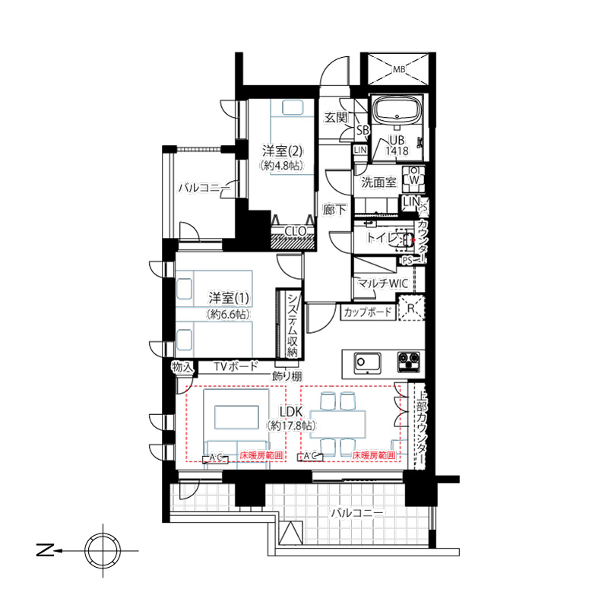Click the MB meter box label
tap(399, 70)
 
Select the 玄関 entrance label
tap(336, 117)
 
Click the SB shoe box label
tap(363, 130)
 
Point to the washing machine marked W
tap(413, 179)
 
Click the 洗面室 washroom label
tap(378, 182)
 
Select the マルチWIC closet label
tap(383, 283)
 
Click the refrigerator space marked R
tap(411, 309)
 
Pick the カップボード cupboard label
tap(368, 312)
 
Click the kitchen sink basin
tap(367, 363)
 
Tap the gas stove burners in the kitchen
tap(409, 363)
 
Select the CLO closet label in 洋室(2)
tap(296, 231)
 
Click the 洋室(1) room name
tap(229, 298)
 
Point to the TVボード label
tap(236, 366)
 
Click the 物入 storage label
tap(182, 367)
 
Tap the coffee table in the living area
tap(236, 417)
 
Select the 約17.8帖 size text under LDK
tap(291, 426)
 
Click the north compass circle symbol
tap(103, 550)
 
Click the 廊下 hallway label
tap(334, 210)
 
